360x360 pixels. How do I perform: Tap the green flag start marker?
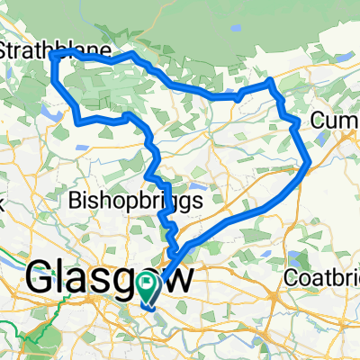click(x=148, y=287)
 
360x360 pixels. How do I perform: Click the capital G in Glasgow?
click(x=46, y=279)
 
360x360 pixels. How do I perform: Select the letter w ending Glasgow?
click(x=176, y=279)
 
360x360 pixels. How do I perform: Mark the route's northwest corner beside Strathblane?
click(x=54, y=56)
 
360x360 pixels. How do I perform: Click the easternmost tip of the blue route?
click(x=310, y=162)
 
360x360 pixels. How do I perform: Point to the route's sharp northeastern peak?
click(x=271, y=82)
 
